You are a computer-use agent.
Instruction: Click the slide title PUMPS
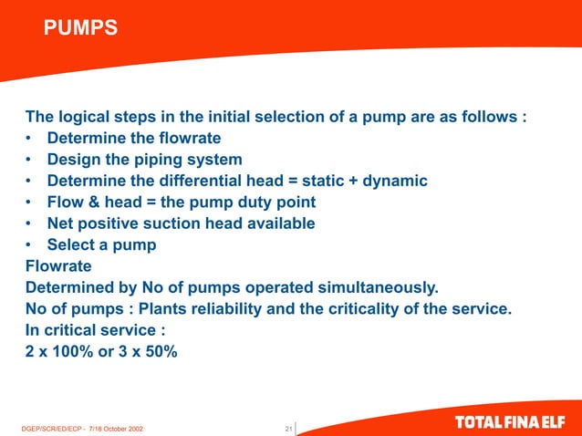tap(80, 29)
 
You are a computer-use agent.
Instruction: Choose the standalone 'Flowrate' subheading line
tap(58, 265)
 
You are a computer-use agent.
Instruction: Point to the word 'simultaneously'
tap(372, 287)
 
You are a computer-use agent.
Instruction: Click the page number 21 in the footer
tap(288, 427)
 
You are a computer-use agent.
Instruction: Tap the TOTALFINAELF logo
tap(514, 424)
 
